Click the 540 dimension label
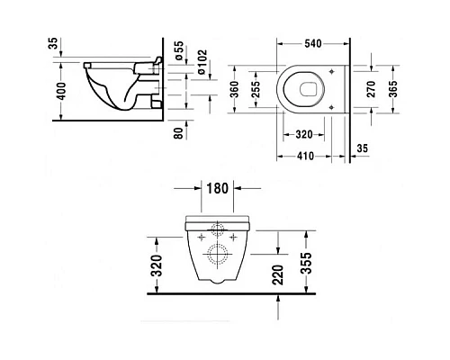click(314, 42)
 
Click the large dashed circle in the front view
click(216, 253)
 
